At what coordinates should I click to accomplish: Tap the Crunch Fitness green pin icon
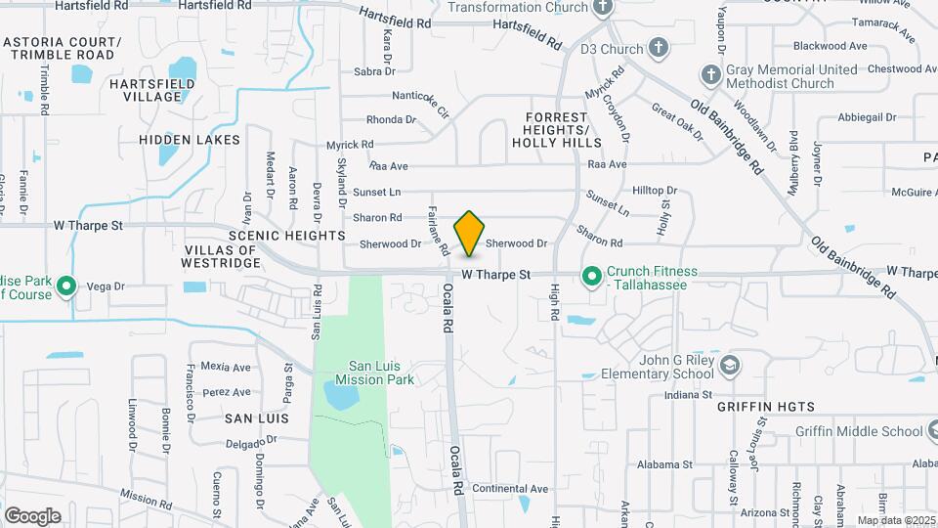pos(591,278)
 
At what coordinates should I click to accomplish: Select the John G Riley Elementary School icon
pos(729,366)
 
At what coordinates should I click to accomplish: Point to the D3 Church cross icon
pos(660,48)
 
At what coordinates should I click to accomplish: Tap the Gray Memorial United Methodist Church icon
pos(710,74)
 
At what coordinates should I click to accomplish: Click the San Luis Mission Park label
pos(374,372)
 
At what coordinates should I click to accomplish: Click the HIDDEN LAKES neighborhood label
pos(190,140)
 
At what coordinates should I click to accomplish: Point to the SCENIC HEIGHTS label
pos(286,236)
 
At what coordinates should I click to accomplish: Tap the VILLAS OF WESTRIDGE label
pos(220,257)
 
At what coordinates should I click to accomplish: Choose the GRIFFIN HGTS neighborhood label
pos(765,405)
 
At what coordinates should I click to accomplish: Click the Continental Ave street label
pos(510,489)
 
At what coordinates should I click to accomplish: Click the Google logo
pos(32,515)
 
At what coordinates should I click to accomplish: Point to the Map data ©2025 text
pos(896,520)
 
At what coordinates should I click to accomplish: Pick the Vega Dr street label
pos(107,286)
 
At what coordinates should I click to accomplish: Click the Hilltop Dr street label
pos(655,191)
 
